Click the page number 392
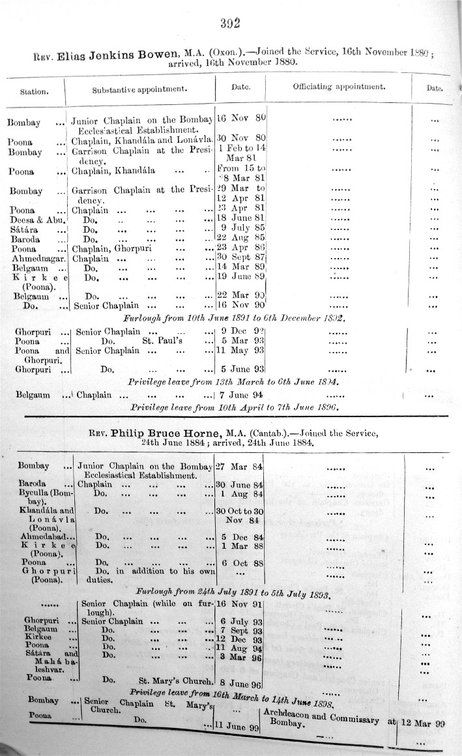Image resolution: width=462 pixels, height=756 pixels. [231, 24]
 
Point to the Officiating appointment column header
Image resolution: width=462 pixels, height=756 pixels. [339, 86]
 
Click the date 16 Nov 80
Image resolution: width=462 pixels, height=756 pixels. [241, 119]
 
